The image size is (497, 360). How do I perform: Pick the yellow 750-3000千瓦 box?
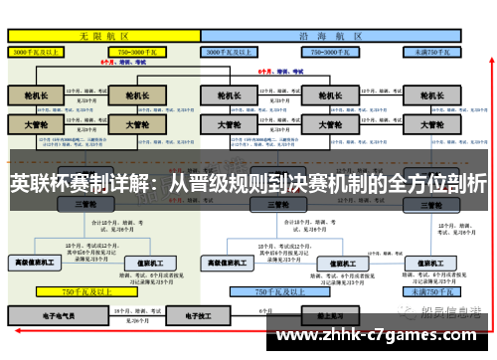[x=142, y=50]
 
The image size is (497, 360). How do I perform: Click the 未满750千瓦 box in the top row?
[x=433, y=50]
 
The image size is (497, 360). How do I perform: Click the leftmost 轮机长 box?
[x=35, y=95]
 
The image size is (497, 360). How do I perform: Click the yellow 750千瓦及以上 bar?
[x=80, y=292]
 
